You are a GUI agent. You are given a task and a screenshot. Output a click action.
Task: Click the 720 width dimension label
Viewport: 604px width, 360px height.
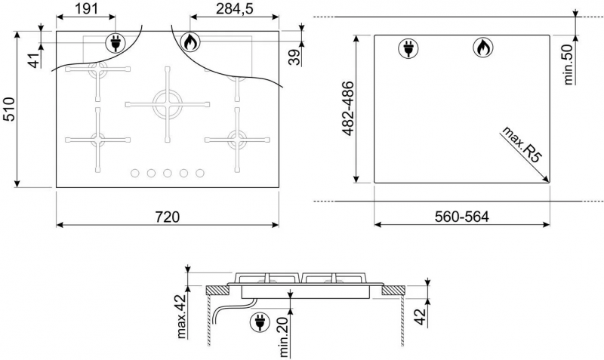[x=168, y=217]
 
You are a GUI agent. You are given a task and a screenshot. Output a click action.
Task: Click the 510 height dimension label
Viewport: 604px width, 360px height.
[x=8, y=109]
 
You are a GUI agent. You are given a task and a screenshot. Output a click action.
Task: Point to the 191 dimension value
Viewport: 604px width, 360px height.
[x=86, y=8]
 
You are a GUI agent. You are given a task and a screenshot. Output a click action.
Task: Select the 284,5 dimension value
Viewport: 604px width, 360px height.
[x=234, y=8]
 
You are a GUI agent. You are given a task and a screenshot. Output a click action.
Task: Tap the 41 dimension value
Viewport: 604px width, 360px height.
[x=35, y=60]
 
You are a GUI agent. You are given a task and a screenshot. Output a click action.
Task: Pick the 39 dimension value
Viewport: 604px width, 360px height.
[x=294, y=58]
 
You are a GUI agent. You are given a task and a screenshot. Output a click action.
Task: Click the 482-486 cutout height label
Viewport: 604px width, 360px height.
[x=348, y=109]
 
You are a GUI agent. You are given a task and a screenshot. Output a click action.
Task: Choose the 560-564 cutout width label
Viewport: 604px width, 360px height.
[x=461, y=217]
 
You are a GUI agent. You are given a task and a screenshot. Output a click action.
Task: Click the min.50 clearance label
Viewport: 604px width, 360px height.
[x=569, y=64]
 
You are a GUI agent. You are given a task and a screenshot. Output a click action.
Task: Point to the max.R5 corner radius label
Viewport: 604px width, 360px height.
[x=521, y=145]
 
